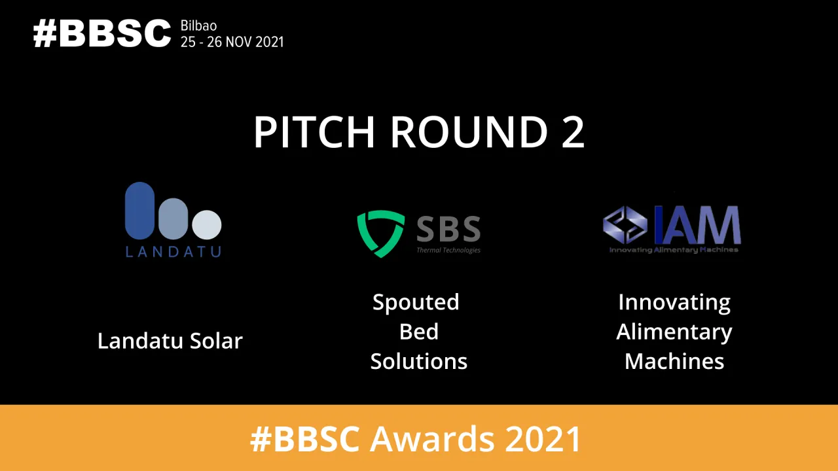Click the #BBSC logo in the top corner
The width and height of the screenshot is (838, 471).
click(102, 33)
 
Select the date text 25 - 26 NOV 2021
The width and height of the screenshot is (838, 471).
click(232, 42)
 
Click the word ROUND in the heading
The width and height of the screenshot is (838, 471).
click(469, 133)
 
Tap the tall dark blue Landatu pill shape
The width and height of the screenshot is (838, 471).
click(139, 211)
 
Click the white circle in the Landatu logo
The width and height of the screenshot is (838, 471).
click(207, 224)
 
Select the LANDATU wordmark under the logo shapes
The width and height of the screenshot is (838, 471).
click(173, 251)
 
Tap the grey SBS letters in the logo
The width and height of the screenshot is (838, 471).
click(448, 229)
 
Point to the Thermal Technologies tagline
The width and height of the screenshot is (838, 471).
click(448, 250)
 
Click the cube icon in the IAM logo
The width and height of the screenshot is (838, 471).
click(625, 225)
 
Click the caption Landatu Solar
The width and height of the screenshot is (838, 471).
click(170, 341)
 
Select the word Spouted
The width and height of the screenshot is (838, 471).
click(416, 302)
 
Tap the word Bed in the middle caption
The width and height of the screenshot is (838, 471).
click(419, 332)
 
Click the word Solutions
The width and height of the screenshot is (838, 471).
click(419, 361)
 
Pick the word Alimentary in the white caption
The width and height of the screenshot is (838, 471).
click(674, 332)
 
